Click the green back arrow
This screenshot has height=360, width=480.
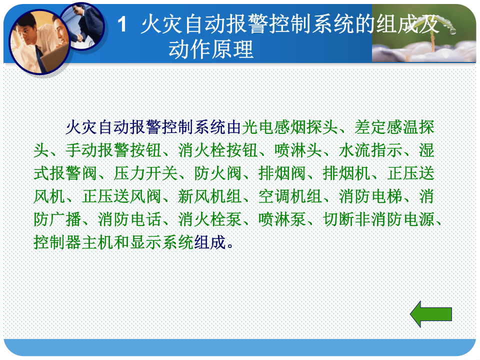431,314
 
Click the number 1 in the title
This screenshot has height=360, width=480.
123,25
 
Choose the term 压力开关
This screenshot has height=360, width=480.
146,173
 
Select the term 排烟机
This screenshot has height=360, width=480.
346,173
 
